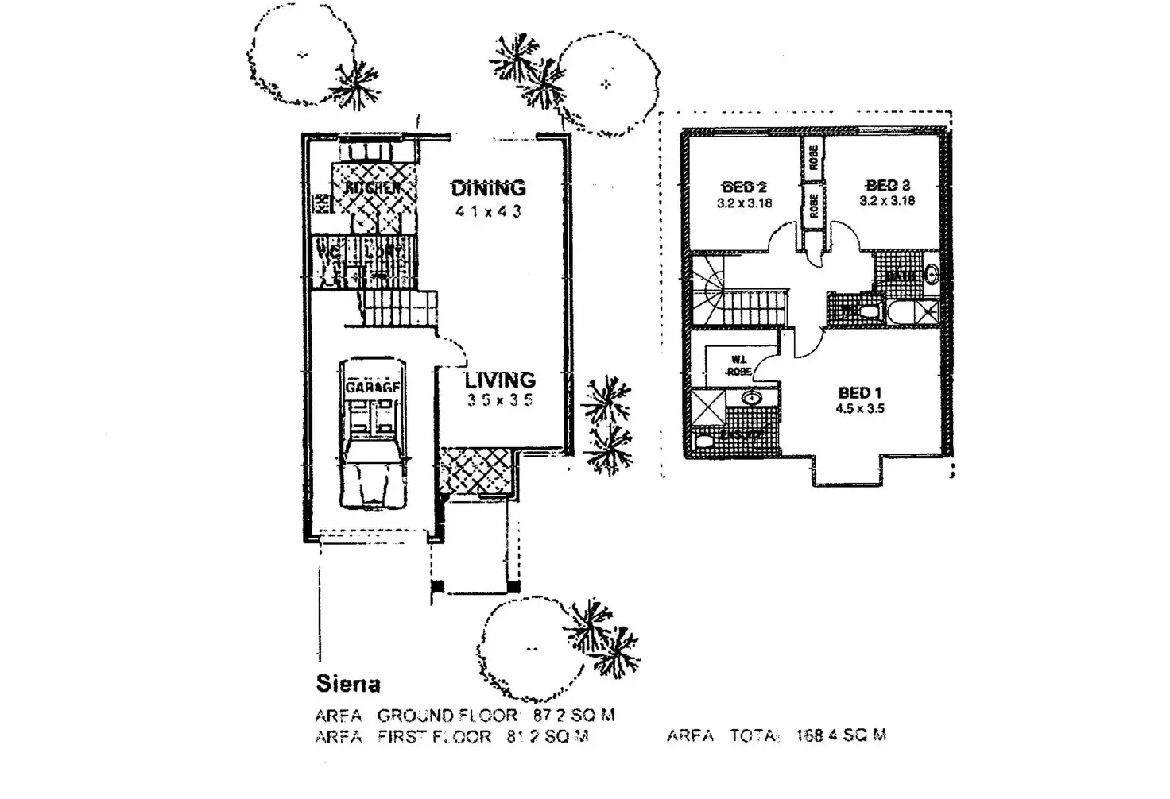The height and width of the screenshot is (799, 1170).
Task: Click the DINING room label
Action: pyautogui.click(x=488, y=188)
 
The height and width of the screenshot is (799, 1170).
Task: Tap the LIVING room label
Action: pyautogui.click(x=500, y=380)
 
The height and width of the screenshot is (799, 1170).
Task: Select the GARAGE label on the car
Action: pyautogui.click(x=372, y=388)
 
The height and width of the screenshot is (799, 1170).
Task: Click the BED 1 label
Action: pyautogui.click(x=859, y=393)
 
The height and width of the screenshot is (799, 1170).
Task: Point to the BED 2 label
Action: pyautogui.click(x=744, y=187)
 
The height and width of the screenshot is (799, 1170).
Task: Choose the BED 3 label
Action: pyautogui.click(x=887, y=185)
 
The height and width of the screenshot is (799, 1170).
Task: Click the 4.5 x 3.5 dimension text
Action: pyautogui.click(x=859, y=409)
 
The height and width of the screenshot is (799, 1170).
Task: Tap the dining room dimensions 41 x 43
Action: pyautogui.click(x=488, y=212)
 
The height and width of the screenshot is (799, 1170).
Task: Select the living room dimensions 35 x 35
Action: pyautogui.click(x=500, y=401)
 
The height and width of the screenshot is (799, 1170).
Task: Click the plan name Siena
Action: pyautogui.click(x=348, y=684)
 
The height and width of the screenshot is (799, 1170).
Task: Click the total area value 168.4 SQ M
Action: pyautogui.click(x=841, y=735)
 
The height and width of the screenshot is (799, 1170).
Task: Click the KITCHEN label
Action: pyautogui.click(x=372, y=188)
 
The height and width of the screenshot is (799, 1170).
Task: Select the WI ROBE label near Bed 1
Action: pyautogui.click(x=738, y=365)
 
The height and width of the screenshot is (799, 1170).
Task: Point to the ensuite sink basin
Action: pyautogui.click(x=750, y=397)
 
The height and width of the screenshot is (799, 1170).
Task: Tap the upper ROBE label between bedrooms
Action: pyautogui.click(x=812, y=157)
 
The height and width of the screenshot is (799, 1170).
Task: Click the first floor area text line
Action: pyautogui.click(x=451, y=736)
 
